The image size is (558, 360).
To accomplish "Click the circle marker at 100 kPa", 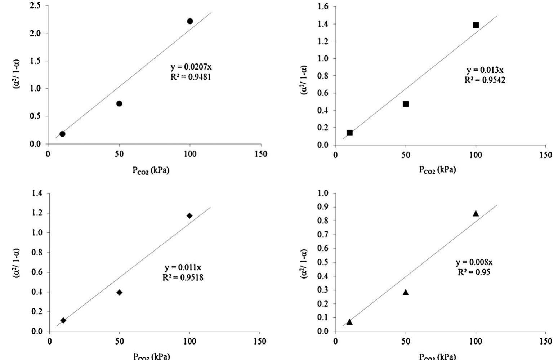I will tap(190, 21).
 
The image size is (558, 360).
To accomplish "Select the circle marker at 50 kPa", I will tap(119, 104).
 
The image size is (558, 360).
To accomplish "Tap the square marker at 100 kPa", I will tap(476, 25).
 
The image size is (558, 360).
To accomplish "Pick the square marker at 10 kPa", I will tap(349, 133).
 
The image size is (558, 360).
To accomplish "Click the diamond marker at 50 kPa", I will tap(119, 293).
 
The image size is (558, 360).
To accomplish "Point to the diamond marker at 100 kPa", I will tap(189, 216).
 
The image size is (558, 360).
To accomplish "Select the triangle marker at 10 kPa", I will tap(349, 322).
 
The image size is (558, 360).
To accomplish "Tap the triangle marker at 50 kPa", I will tap(406, 292).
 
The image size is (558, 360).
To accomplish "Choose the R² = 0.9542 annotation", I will tap(485, 80).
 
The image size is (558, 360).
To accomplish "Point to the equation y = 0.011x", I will tap(183, 268).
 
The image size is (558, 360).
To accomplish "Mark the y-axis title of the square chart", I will tap(304, 80).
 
